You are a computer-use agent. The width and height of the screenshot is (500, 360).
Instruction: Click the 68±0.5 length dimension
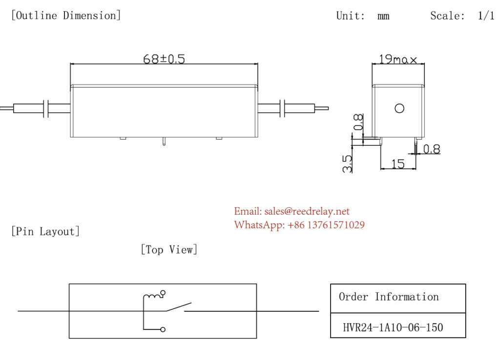pos(164,59)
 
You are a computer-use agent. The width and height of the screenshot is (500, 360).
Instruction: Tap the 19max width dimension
pos(397,59)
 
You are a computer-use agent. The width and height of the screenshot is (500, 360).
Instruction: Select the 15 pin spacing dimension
pos(398,164)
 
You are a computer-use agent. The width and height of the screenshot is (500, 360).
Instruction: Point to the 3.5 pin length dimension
pos(347,164)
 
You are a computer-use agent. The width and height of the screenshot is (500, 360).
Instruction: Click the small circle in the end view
pos(399,109)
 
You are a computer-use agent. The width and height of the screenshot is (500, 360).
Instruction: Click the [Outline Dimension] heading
pos(66,15)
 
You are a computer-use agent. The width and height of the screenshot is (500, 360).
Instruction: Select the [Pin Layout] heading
pos(45,231)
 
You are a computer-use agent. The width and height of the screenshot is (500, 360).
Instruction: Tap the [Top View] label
pos(169,249)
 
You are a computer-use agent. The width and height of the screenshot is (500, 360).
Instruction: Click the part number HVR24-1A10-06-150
pos(393,327)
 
